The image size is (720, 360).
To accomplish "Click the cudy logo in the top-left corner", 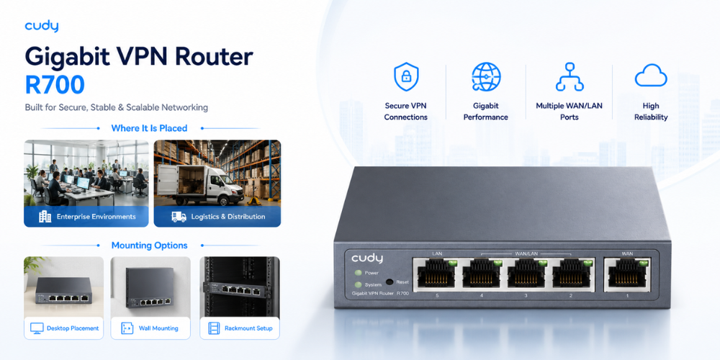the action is click(42, 26).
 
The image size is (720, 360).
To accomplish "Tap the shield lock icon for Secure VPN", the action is click(406, 77).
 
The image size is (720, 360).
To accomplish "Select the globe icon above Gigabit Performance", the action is click(486, 77).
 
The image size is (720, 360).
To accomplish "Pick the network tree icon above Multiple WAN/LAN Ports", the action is click(570, 77).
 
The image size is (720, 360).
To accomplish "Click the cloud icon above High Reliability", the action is click(651, 76).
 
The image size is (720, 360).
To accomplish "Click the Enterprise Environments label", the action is click(96, 216).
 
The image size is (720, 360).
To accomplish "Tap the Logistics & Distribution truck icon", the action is click(179, 217).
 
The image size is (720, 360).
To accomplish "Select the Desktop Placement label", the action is click(73, 328).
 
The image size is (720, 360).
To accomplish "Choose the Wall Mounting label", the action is click(158, 328).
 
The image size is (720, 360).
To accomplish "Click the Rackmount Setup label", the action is click(248, 328).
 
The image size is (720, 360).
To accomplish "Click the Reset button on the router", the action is click(390, 282).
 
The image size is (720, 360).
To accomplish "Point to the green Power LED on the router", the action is click(358, 273).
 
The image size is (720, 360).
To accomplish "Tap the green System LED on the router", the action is click(358, 284).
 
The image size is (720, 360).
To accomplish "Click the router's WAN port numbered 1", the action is click(627, 274).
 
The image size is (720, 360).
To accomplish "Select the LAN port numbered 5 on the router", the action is click(436, 274).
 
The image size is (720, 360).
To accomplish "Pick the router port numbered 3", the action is click(526, 274).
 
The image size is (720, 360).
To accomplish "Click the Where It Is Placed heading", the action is click(149, 128).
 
